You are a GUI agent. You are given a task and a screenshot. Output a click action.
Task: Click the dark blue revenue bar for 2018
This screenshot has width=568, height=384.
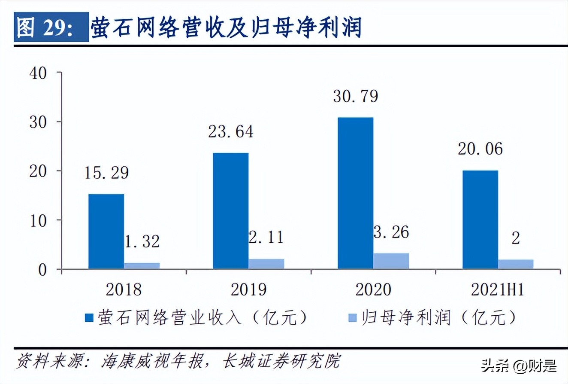[x=106, y=232]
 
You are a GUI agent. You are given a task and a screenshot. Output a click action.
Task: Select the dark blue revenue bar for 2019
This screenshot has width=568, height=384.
[x=230, y=211]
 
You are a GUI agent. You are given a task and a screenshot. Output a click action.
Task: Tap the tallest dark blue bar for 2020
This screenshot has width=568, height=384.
[x=355, y=193]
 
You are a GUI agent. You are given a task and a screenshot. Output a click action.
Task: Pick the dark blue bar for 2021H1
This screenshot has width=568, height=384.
[x=480, y=219]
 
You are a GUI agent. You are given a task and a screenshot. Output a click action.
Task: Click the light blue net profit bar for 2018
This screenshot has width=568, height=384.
[x=142, y=266]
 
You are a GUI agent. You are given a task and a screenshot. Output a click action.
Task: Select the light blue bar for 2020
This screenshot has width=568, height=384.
[x=391, y=261]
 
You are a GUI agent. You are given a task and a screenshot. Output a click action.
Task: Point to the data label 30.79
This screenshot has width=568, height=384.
[x=355, y=96]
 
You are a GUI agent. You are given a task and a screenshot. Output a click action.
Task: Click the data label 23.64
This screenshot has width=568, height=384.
[x=231, y=131]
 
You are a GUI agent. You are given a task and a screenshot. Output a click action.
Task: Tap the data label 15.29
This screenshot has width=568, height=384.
[x=106, y=173]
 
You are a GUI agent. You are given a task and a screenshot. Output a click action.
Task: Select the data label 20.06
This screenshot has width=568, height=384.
[x=480, y=149]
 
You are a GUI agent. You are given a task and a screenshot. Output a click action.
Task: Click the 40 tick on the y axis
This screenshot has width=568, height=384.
[x=38, y=73]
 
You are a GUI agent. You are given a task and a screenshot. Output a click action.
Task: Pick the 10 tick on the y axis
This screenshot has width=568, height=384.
[x=38, y=220]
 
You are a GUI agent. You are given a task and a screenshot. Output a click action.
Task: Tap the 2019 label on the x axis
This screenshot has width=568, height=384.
[x=248, y=290]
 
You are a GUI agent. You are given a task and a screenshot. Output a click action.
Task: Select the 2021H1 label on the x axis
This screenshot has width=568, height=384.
[x=498, y=290]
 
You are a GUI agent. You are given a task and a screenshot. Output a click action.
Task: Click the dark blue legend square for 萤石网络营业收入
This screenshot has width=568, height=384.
[x=90, y=317]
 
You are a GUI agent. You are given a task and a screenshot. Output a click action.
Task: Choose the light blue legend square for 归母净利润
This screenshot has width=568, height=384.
[x=352, y=317]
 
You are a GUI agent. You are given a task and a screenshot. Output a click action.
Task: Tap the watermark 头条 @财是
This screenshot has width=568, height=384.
[x=520, y=366]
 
